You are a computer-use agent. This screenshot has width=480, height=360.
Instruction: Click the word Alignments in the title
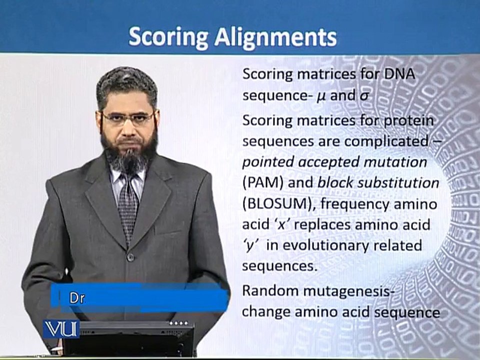pos(275,36)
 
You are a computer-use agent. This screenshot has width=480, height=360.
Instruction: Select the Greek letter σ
pos(363,96)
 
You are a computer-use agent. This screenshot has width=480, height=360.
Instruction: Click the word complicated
pos(386,141)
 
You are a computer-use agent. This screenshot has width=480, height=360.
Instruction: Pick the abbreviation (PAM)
pos(263,183)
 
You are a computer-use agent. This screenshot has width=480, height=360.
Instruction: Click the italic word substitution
pos(398,183)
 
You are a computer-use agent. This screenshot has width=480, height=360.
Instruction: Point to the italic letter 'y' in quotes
pos(250,245)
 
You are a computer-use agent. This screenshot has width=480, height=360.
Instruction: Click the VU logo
pos(60,329)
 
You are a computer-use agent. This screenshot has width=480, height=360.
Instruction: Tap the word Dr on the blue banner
pos(77,298)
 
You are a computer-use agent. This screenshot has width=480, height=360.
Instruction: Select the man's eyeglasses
pos(128,118)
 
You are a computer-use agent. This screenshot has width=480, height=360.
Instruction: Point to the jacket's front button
pos(130,256)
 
